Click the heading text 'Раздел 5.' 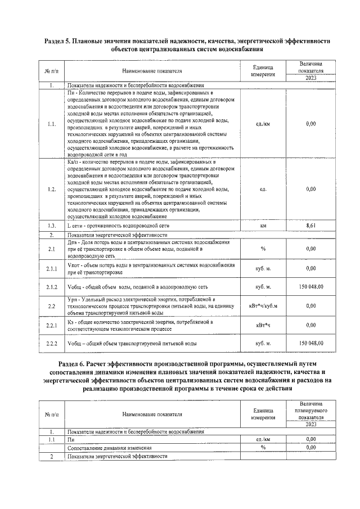click(x=60, y=41)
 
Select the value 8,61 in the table click(x=311, y=225)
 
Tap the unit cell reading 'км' click(x=263, y=225)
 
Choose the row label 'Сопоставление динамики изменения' click(x=109, y=448)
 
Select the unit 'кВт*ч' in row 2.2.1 click(x=263, y=325)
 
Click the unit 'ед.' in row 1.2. click(x=263, y=190)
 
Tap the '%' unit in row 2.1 click(x=263, y=248)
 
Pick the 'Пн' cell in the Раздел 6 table click(x=71, y=439)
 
